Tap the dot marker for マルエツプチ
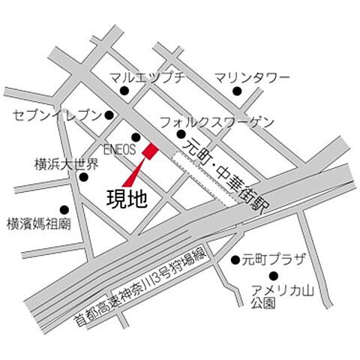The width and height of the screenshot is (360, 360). [124, 91]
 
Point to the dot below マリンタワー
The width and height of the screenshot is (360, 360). [236, 91]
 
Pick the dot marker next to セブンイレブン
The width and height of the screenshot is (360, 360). [109, 115]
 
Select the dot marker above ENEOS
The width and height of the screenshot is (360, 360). [136, 137]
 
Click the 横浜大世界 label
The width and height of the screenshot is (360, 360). [66, 163]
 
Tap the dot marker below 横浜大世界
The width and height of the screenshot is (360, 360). [84, 178]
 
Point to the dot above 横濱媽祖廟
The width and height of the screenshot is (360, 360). [64, 210]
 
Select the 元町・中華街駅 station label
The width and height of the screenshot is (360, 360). [229, 169]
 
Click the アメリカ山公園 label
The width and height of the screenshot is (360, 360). [274, 297]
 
